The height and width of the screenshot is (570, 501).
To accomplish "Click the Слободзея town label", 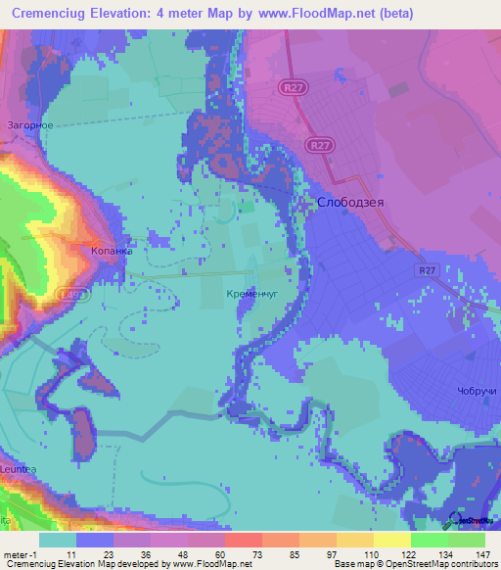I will click(347, 202).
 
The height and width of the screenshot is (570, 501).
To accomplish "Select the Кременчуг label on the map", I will click(253, 293).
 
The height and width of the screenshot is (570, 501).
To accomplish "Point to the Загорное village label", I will click(30, 125).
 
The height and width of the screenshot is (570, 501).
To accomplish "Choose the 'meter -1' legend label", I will click(19, 554).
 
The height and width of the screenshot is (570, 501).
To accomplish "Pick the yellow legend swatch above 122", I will click(391, 540).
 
